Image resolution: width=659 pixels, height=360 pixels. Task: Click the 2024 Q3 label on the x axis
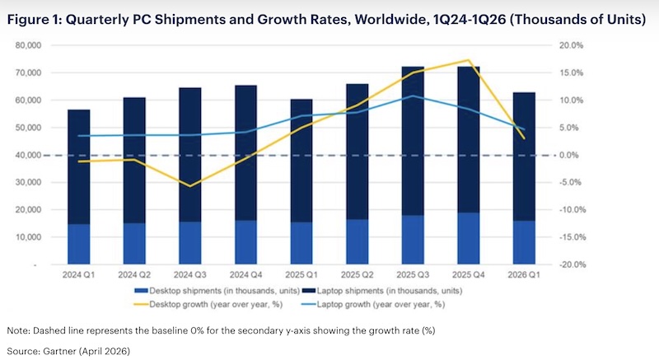point(190,274)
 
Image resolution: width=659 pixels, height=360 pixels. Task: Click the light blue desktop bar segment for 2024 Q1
point(79,244)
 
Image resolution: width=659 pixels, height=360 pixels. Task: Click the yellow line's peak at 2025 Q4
point(469,60)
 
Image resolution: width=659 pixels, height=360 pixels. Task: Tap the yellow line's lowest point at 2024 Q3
point(190,186)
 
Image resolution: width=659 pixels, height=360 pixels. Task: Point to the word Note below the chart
point(17,330)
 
